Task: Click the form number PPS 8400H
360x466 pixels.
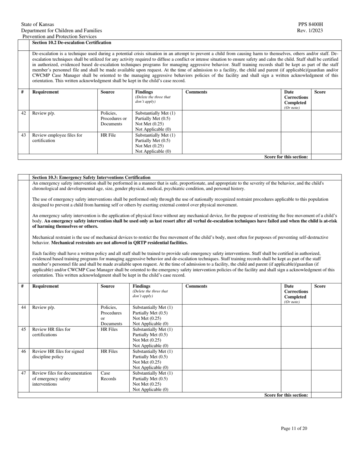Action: point(310,24)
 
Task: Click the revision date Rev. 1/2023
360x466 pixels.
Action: point(310,30)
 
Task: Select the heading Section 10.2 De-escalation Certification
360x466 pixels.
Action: point(72,42)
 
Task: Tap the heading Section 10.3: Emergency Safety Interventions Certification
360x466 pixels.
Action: point(91,177)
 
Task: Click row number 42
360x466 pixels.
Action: point(23,113)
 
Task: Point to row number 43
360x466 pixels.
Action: point(23,135)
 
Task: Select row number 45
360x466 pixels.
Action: point(23,329)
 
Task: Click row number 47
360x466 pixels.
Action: point(23,373)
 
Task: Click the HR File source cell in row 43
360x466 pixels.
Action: point(108,135)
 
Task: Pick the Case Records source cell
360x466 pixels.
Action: point(108,376)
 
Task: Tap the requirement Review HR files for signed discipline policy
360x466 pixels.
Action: point(58,354)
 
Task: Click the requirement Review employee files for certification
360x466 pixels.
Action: point(57,138)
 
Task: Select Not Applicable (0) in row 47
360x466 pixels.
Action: point(150,389)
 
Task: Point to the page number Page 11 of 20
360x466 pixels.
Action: point(294,428)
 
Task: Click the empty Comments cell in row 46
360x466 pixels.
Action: point(231,359)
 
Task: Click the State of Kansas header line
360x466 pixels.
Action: point(38,24)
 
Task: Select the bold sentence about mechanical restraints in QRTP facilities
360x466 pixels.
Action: point(119,242)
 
